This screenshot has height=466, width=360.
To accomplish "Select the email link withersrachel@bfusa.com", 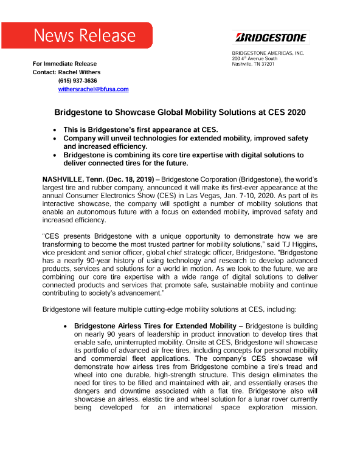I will [x=93, y=89].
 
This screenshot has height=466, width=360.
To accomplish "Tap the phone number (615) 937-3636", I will [x=77, y=81].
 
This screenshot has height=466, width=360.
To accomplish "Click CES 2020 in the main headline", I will [x=272, y=112].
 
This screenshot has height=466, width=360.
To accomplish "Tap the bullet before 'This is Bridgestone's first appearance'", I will [x=55, y=130].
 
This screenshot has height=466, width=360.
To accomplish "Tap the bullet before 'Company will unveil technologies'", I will [x=55, y=139].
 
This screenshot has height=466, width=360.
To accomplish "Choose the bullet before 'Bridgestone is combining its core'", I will [x=55, y=155].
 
